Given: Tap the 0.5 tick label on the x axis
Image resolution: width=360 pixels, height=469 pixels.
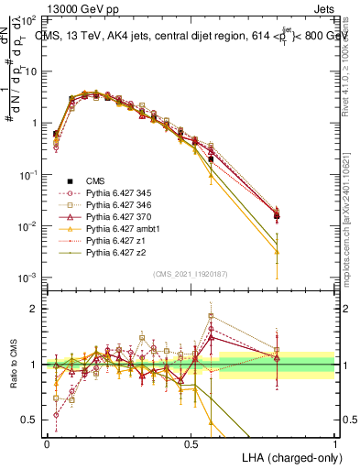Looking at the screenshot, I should (x=191, y=442).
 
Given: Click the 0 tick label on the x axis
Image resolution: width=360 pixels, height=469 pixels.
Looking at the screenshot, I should (x=47, y=442).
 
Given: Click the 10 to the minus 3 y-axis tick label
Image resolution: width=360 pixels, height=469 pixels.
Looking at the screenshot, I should (x=27, y=278).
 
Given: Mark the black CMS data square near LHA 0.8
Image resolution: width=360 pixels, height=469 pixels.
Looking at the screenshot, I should (x=278, y=216).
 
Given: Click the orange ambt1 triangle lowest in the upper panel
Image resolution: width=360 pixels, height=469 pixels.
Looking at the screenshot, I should (x=278, y=252).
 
